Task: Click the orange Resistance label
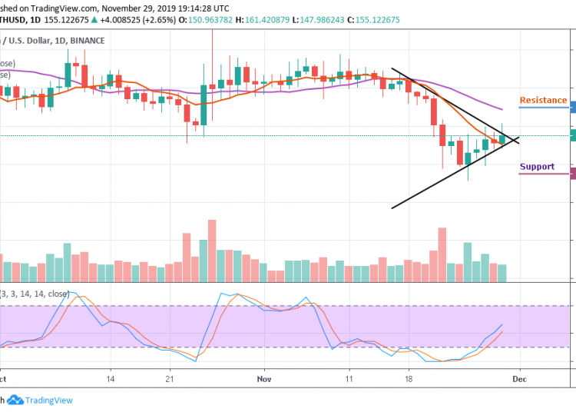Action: click(543, 101)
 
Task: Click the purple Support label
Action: click(537, 167)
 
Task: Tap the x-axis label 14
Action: click(111, 379)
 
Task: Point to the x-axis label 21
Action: click(170, 379)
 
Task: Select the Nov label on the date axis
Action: click(265, 379)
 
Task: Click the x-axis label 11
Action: click(349, 379)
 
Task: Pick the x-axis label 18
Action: click(409, 379)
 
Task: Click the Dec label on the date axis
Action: click(519, 379)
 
